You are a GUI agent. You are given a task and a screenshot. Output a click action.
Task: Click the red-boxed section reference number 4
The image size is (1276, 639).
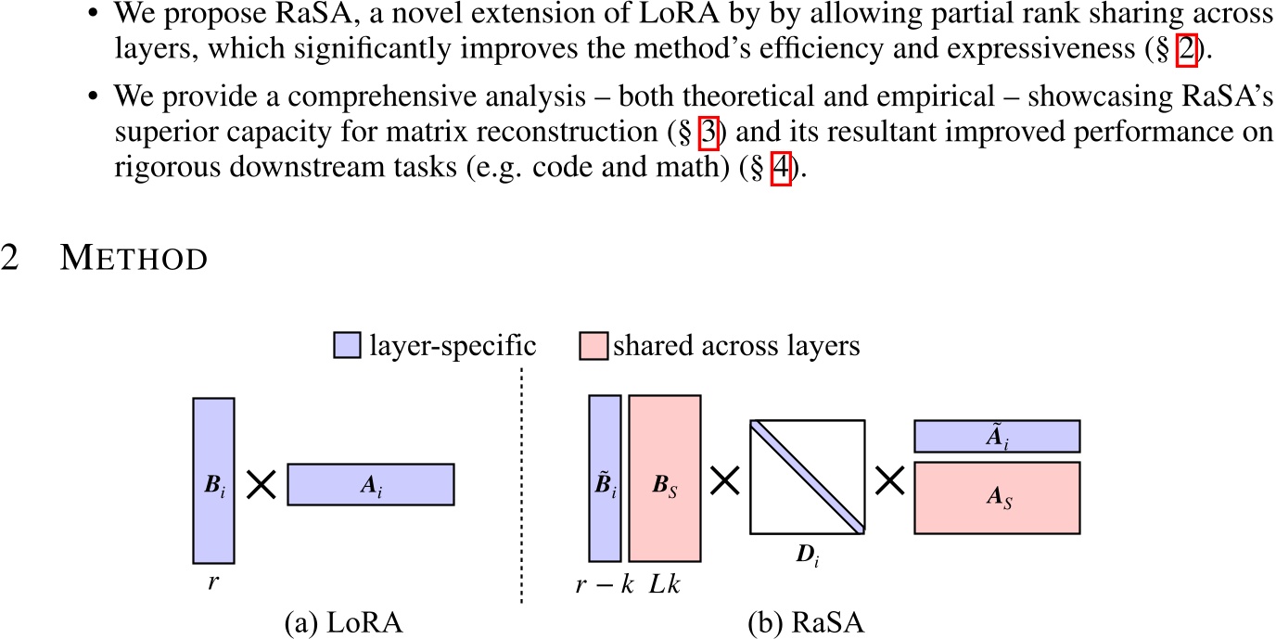coord(780,173)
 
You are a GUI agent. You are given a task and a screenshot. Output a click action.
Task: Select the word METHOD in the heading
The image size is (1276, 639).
coord(134,260)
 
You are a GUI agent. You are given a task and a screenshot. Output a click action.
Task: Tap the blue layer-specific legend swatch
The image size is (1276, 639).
coord(344,347)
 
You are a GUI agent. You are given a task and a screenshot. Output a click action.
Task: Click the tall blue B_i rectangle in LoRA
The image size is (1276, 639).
coord(213,480)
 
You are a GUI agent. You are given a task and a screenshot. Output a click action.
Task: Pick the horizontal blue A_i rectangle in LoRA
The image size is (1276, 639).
coord(370,484)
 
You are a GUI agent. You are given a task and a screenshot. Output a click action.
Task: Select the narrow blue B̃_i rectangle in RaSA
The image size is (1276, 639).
coord(605,478)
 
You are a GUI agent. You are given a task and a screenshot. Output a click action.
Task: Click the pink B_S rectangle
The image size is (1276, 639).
coord(664,478)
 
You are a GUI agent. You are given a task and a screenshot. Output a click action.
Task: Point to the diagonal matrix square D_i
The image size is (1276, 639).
coord(807,477)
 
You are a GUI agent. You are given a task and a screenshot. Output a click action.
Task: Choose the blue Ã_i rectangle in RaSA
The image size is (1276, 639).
coord(997,436)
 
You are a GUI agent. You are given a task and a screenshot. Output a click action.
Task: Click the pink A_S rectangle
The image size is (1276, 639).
coord(997,498)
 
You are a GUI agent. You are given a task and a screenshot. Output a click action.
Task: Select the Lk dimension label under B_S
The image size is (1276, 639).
coord(664,585)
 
